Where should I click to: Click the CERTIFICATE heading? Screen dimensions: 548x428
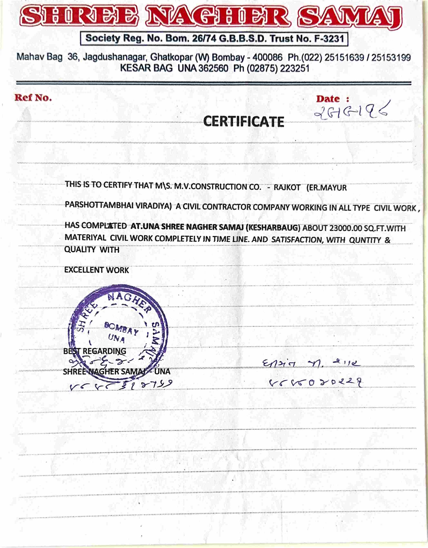244,122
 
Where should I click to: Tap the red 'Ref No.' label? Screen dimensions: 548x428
33,98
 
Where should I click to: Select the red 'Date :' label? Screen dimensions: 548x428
332,99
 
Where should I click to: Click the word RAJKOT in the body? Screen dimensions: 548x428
287,188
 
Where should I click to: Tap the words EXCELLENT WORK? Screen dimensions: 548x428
96,270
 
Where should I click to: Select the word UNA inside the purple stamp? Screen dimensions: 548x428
117,339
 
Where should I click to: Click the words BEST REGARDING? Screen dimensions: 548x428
95,351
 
